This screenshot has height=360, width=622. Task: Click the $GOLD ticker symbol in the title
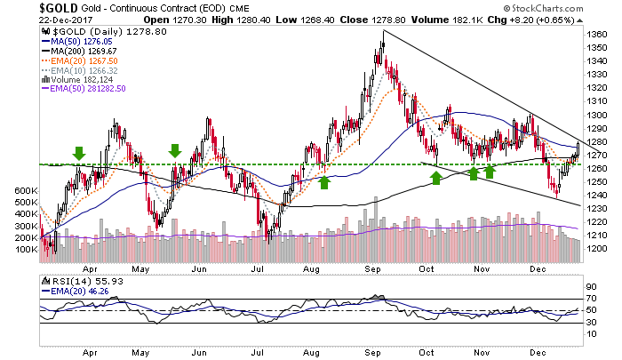26,8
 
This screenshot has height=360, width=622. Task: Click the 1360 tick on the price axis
598,35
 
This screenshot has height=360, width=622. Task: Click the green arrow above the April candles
79,154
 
